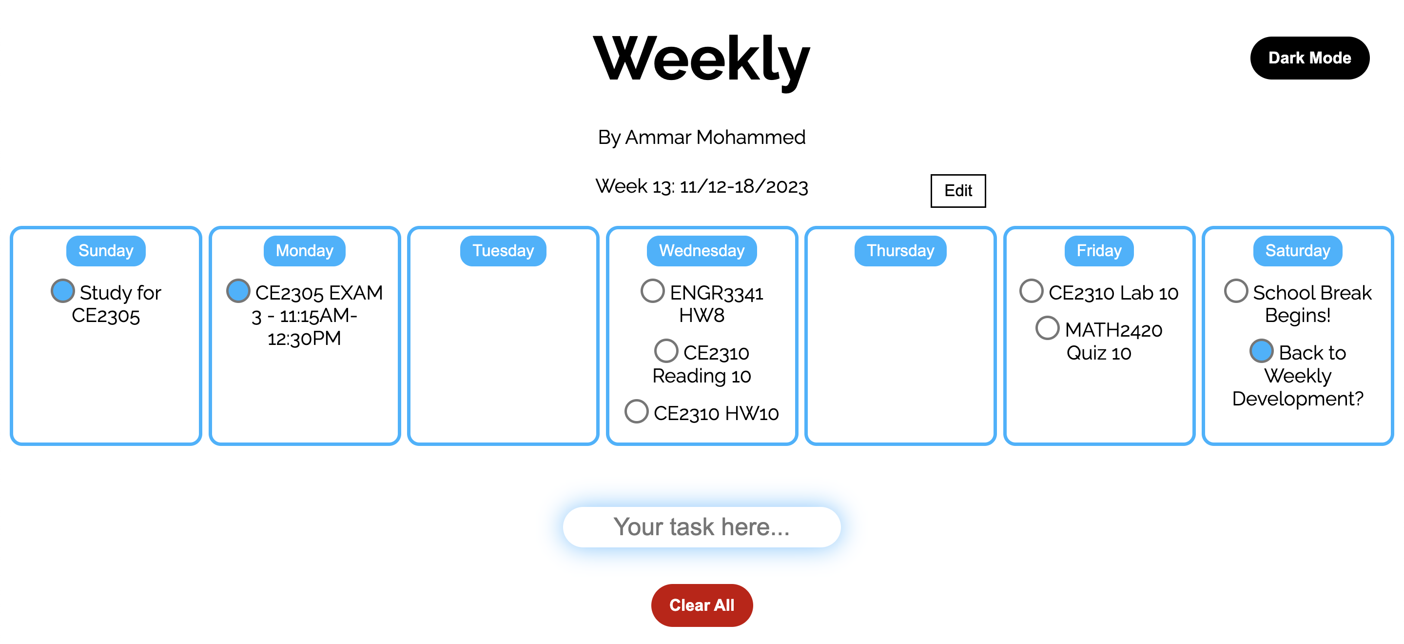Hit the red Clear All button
pos(702,605)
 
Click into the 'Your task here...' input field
pos(702,527)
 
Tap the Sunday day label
pos(106,250)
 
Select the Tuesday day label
pos(503,250)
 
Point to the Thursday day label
pos(900,250)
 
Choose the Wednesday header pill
pos(702,250)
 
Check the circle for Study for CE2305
pos(63,291)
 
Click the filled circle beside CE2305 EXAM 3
pos(238,291)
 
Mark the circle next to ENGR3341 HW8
pos(652,291)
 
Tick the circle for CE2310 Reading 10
pos(666,351)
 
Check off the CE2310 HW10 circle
pos(636,411)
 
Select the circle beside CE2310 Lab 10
pos(1031,291)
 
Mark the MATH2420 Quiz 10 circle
pos(1047,328)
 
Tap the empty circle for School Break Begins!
pos(1236,291)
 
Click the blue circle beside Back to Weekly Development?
pos(1261,351)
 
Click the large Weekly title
pos(702,59)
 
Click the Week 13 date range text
pos(702,186)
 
